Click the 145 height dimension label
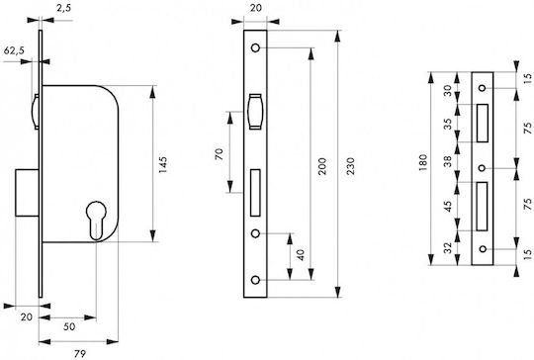point(163,165)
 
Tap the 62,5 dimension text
point(14,50)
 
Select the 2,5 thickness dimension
point(63,8)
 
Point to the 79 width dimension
point(80,353)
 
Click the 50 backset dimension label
point(69,326)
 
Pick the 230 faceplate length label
point(350,166)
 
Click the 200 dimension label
point(321,166)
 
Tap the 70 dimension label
point(220,154)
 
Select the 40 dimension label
point(301,255)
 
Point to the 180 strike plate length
point(423,163)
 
